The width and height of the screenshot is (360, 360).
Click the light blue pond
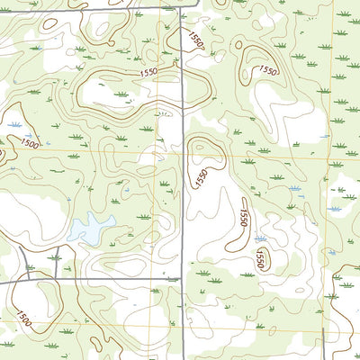pos(91,229)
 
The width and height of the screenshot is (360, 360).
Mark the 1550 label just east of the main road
pos(202,177)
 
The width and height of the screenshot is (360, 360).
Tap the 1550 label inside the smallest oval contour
pos(259,260)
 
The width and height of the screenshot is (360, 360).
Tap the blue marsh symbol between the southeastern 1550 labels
pos(259,239)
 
